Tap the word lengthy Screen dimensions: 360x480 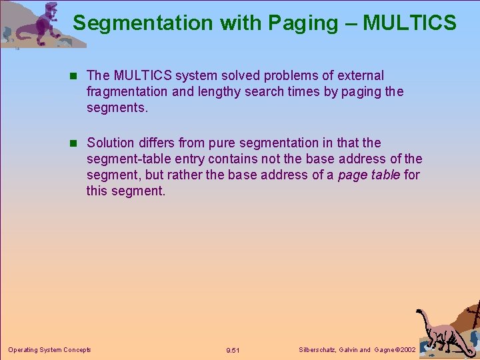point(223,91)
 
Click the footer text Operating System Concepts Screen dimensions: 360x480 point(49,349)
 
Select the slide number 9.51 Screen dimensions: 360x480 point(233,350)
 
